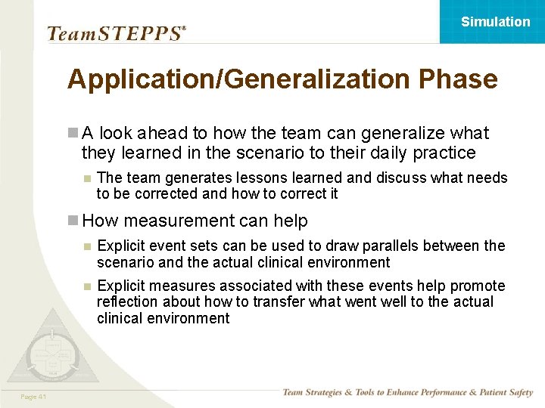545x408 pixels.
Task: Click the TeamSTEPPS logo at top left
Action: (x=115, y=33)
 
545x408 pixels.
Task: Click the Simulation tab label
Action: (x=495, y=22)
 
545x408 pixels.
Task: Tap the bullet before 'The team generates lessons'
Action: (x=87, y=178)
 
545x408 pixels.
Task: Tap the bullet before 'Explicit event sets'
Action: (x=87, y=246)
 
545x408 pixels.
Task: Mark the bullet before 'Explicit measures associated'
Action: (x=87, y=286)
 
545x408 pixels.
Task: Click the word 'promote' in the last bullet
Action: (x=478, y=286)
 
